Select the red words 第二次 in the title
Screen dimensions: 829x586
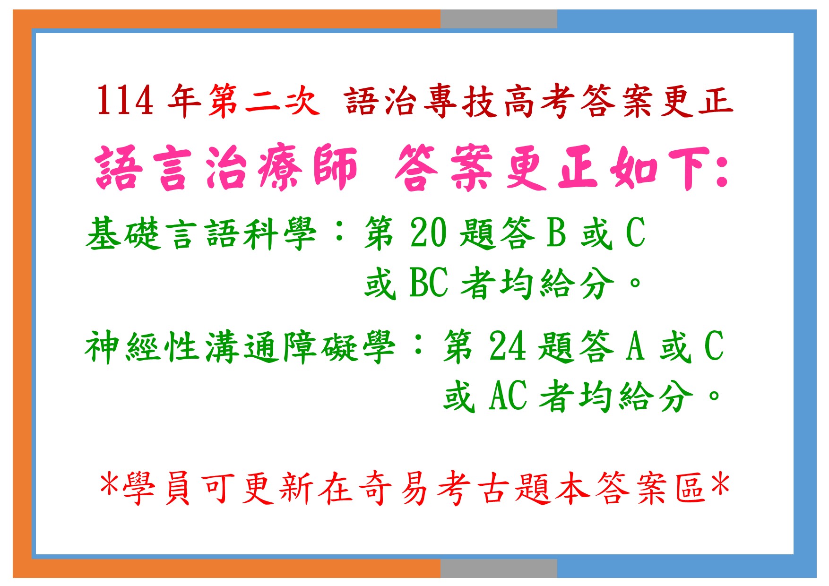[x=263, y=100]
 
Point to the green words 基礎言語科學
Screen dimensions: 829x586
[x=201, y=233]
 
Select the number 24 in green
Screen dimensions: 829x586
[x=508, y=346]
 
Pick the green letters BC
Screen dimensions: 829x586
[x=429, y=283]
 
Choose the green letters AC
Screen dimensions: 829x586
[x=508, y=396]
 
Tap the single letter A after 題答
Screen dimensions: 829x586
[x=635, y=346]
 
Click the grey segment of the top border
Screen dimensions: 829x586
[x=499, y=19]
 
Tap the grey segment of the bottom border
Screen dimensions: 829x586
[x=499, y=568]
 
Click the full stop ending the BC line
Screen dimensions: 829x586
[x=635, y=284]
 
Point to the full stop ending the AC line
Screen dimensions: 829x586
[x=714, y=396]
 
